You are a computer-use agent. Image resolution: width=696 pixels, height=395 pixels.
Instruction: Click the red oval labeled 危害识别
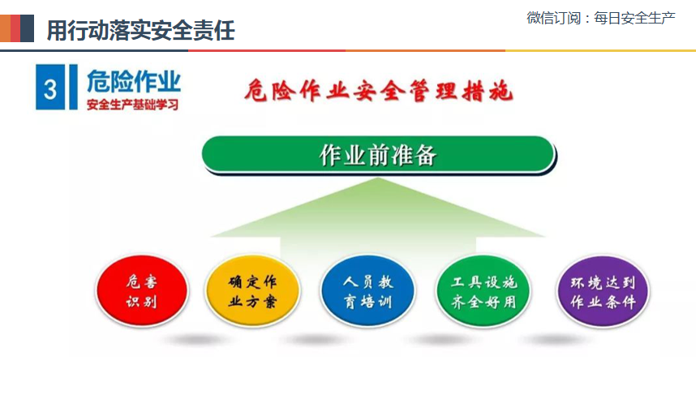142,290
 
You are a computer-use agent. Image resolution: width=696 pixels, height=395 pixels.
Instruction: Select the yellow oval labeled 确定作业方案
252,290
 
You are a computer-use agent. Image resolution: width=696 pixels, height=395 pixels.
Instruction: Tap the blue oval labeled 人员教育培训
368,290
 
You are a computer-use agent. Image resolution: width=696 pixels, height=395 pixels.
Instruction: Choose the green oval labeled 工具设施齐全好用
483,290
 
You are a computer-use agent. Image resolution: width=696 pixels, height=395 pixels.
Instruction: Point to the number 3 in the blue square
50,89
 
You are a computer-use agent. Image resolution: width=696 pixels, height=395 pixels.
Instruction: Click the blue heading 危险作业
134,81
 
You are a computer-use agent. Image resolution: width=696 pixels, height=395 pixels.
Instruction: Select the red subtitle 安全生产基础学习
132,105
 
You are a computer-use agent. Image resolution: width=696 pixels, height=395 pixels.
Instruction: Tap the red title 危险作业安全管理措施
379,91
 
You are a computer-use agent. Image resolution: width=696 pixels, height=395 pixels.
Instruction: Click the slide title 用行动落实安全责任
140,30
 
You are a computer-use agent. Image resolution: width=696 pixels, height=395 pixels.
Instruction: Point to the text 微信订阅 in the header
553,18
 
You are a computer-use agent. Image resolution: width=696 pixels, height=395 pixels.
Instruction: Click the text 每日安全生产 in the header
634,18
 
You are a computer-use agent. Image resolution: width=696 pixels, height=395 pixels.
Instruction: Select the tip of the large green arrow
378,178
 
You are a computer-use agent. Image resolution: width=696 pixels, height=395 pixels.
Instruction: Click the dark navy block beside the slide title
27,28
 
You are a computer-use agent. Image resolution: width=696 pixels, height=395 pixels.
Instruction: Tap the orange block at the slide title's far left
5,28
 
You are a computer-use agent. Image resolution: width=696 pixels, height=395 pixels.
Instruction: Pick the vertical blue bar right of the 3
73,87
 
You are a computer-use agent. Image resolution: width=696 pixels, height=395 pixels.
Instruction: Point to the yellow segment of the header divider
600,50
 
